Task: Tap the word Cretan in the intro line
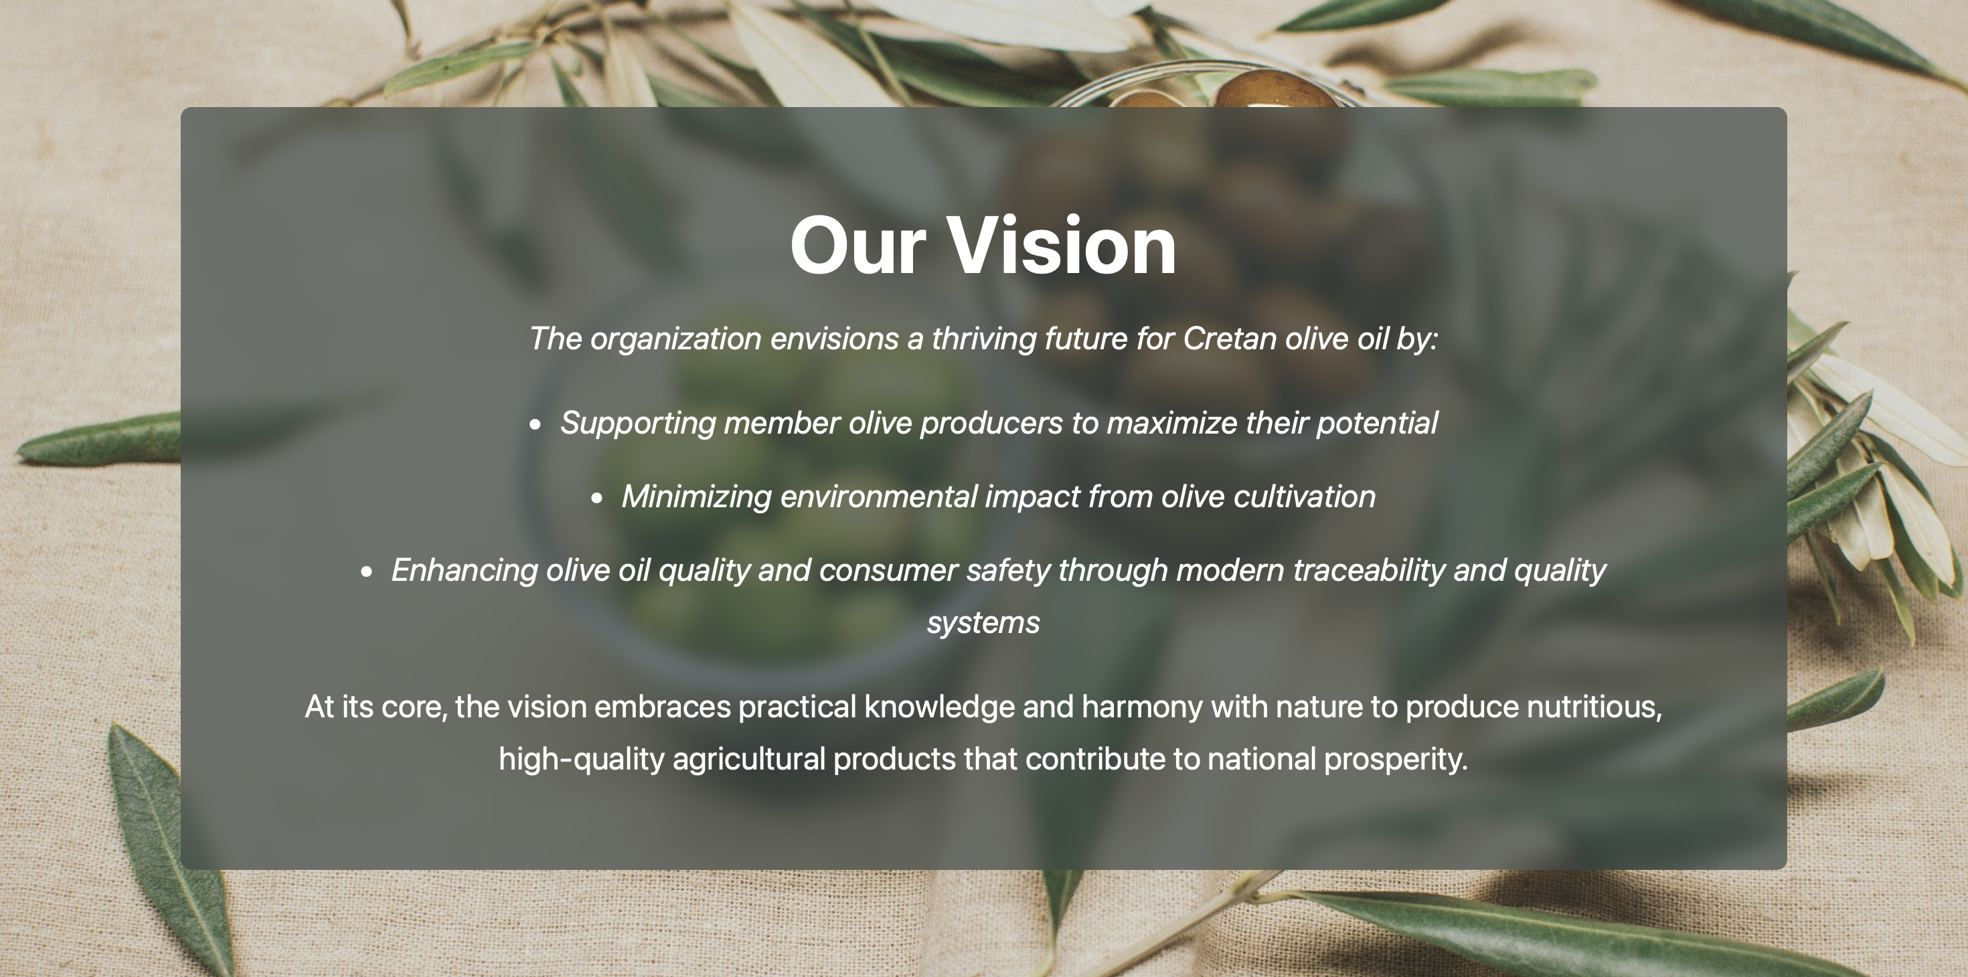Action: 1229,339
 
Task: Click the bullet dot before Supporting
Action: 535,425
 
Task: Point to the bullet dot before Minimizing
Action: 596,498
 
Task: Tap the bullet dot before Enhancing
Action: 367,571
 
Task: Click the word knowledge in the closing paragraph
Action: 939,707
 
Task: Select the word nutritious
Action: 1594,707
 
